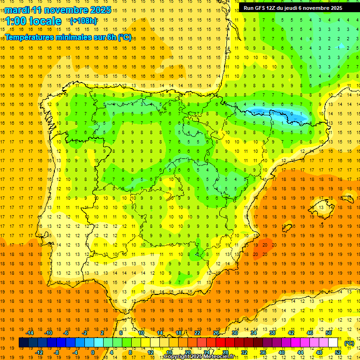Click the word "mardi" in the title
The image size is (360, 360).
[x=17, y=10]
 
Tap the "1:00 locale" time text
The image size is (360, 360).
[x=33, y=21]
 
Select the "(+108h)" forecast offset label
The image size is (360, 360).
[x=83, y=21]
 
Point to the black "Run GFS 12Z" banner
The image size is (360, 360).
[x=292, y=8]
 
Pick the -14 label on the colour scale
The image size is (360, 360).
[x=30, y=333]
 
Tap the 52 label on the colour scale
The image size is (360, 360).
[x=338, y=352]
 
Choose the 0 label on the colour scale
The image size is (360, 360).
[x=93, y=352]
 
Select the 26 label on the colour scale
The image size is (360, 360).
[x=216, y=333]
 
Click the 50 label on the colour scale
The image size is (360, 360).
[x=329, y=333]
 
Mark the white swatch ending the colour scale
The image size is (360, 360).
[x=333, y=343]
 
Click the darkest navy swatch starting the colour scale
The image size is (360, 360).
[x=23, y=343]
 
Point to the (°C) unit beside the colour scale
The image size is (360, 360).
[x=349, y=343]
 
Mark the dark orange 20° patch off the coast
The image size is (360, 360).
[x=261, y=247]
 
